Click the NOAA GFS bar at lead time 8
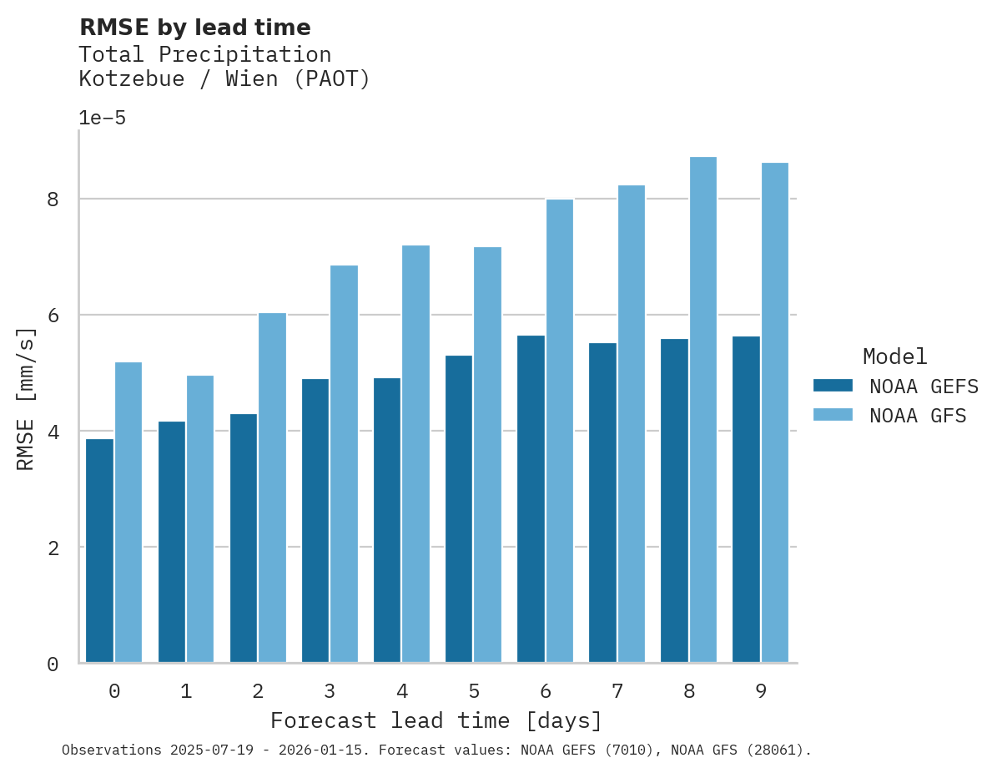(703, 410)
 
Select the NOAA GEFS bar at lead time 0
(100, 551)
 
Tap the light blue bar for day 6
(560, 431)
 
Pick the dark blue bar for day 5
(459, 509)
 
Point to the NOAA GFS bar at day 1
(200, 519)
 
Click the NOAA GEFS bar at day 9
(746, 499)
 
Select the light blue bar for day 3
(344, 464)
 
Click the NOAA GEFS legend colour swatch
(833, 386)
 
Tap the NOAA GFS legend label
(918, 416)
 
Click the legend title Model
(894, 357)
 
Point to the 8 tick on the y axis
(53, 200)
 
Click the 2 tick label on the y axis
(53, 548)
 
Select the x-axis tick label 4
(402, 691)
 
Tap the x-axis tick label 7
(617, 691)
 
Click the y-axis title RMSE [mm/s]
(27, 398)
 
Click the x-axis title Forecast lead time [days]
(436, 720)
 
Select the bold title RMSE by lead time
(194, 28)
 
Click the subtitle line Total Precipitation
(204, 55)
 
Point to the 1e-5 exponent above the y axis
(102, 119)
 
